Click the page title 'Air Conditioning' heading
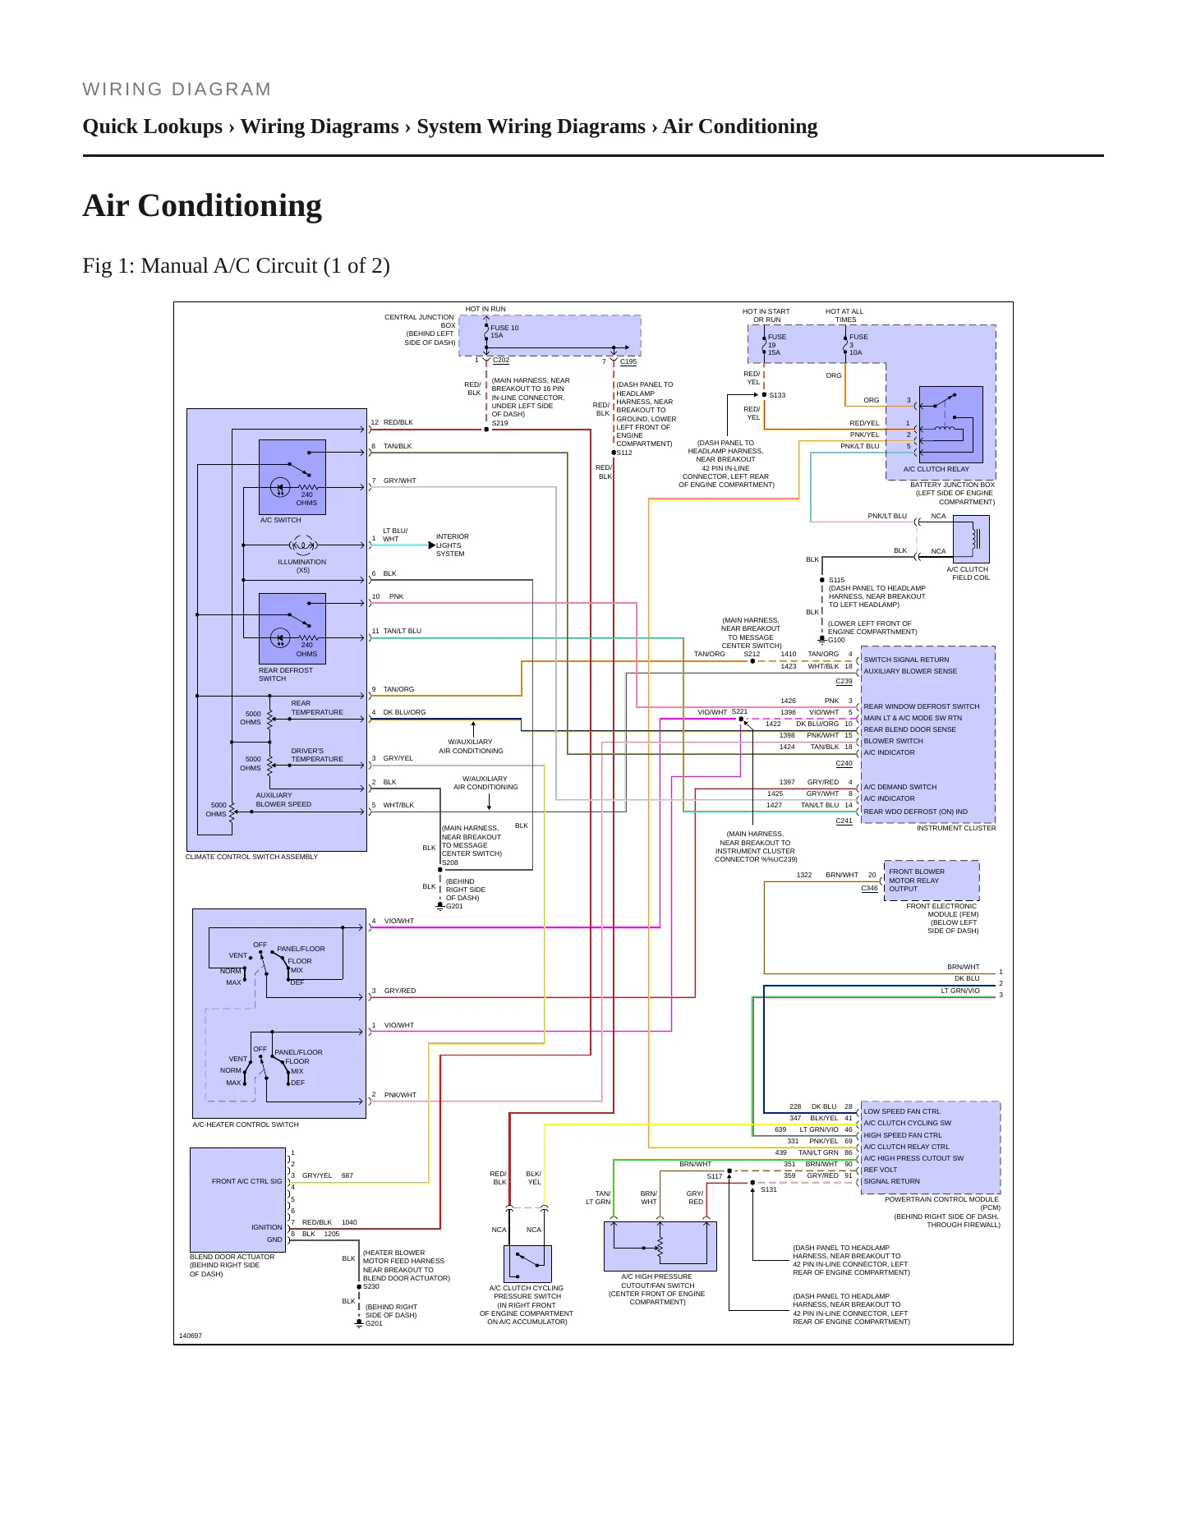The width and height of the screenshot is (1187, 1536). (x=202, y=205)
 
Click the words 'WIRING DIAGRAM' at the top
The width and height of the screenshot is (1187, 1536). (x=177, y=90)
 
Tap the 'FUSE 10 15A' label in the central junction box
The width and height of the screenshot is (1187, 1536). (x=504, y=332)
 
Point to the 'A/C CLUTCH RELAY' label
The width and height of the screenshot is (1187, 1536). (x=936, y=469)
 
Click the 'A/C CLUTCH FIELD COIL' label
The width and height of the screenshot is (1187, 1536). (x=968, y=573)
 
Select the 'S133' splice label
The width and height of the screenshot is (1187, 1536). (x=777, y=395)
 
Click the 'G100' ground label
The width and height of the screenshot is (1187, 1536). (x=836, y=640)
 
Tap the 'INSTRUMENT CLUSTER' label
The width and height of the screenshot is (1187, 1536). (x=956, y=828)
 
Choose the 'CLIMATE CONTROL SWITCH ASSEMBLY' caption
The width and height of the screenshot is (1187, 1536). (x=251, y=857)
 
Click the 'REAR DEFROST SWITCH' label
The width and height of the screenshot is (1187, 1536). (x=285, y=674)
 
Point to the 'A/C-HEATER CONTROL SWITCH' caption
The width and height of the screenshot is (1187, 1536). (x=246, y=1124)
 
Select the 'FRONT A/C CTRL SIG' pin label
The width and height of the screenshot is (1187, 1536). (x=246, y=1181)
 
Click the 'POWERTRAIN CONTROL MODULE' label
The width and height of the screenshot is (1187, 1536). (x=941, y=1199)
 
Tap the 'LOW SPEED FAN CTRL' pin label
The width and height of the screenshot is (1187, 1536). (x=902, y=1111)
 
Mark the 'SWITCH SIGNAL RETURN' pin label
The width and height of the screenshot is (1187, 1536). (x=906, y=660)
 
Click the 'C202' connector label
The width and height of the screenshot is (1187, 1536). (x=501, y=360)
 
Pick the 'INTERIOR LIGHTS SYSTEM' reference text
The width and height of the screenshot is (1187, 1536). (x=452, y=545)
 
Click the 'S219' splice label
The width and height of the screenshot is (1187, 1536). (x=499, y=423)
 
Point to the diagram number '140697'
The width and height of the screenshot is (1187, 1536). (x=191, y=1336)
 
